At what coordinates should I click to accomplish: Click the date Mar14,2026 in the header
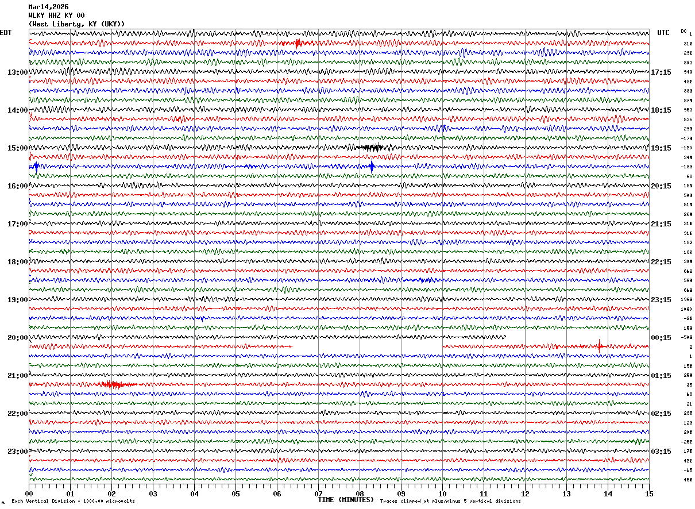click(48, 7)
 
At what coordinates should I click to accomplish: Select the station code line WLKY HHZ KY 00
click(56, 16)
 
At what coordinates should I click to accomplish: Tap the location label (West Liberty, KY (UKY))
click(76, 24)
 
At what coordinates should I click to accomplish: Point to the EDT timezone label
click(5, 33)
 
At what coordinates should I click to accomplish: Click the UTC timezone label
click(663, 33)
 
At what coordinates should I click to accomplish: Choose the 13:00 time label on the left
click(17, 72)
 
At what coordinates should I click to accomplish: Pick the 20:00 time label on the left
click(17, 338)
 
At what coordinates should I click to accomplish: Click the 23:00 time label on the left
click(17, 452)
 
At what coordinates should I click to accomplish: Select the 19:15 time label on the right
click(661, 148)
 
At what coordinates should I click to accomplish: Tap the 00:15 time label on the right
click(661, 338)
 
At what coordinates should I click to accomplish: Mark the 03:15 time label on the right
click(661, 452)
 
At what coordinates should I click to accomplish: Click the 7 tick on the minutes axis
click(318, 493)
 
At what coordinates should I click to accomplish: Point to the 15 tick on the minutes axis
click(649, 493)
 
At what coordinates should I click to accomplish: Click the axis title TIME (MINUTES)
click(346, 500)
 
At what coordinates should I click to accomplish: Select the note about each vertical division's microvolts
click(73, 502)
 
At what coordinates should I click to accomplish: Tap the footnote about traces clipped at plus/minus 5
click(450, 502)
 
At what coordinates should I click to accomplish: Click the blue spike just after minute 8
click(372, 167)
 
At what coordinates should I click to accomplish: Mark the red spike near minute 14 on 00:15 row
click(600, 346)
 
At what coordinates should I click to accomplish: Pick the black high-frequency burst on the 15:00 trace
click(371, 148)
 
